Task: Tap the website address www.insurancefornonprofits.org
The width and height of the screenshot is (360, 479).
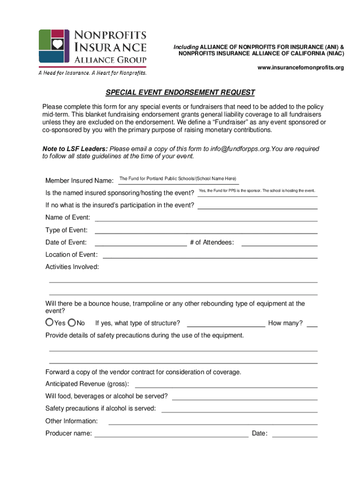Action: click(301, 68)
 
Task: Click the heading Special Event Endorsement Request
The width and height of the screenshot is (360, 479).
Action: click(180, 92)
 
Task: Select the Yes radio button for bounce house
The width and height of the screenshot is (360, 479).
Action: click(50, 323)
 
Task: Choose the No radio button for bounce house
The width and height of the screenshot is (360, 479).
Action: click(72, 323)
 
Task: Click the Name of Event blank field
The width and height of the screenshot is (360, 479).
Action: click(206, 218)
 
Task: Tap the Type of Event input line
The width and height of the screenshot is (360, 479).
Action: click(206, 230)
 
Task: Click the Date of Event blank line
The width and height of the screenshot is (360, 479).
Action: click(141, 242)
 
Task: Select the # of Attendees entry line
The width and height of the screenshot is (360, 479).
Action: click(279, 242)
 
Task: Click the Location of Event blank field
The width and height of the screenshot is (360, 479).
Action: click(210, 255)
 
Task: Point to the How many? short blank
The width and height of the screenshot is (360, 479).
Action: click(312, 323)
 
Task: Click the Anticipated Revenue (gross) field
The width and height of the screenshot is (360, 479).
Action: click(226, 385)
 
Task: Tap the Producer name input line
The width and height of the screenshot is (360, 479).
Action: click(172, 434)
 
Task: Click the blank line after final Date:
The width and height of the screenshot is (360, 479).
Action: click(295, 434)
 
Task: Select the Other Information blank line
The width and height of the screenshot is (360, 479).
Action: click(213, 421)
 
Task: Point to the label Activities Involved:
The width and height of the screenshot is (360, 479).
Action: click(72, 267)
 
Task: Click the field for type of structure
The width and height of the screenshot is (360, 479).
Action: click(226, 323)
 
